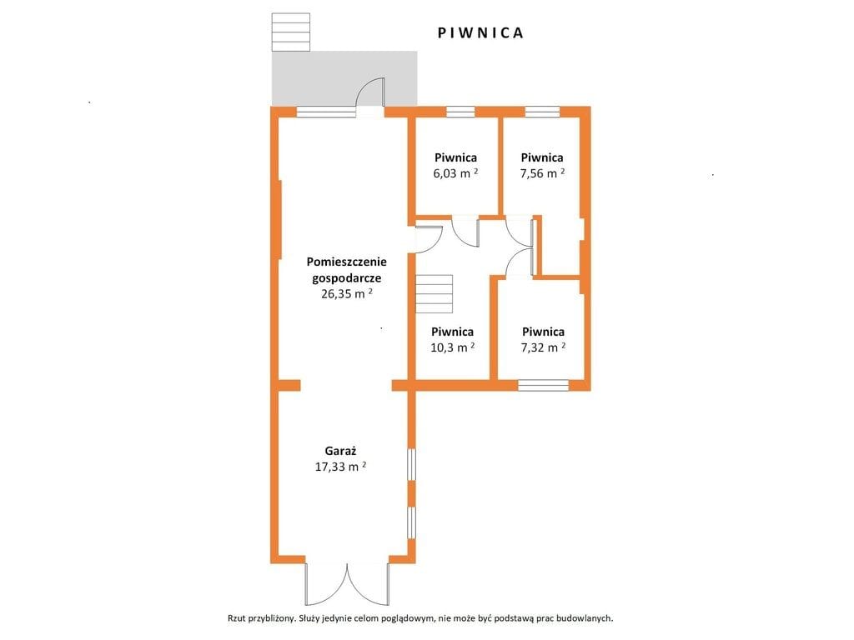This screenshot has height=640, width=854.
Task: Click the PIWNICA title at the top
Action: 480,32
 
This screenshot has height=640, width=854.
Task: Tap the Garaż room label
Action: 340,451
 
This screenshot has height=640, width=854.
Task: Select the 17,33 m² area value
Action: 340,467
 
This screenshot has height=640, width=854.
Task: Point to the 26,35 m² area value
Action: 347,294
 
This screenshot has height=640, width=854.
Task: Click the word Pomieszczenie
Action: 346,261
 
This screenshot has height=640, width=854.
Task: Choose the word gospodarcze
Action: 346,278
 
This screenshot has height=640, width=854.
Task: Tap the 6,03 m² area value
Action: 456,173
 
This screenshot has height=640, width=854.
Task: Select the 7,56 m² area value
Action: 542,173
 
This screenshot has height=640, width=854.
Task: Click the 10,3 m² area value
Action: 453,347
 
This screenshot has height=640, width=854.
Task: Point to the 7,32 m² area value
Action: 543,347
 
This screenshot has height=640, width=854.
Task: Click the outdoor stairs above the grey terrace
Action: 291,32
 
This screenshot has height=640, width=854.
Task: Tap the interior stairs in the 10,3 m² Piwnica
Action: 434,294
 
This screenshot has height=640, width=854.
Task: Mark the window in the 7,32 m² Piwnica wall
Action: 543,385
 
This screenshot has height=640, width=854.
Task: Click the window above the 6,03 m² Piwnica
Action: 460,112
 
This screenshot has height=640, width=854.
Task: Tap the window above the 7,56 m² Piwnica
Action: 542,112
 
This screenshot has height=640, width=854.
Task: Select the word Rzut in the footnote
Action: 236,618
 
